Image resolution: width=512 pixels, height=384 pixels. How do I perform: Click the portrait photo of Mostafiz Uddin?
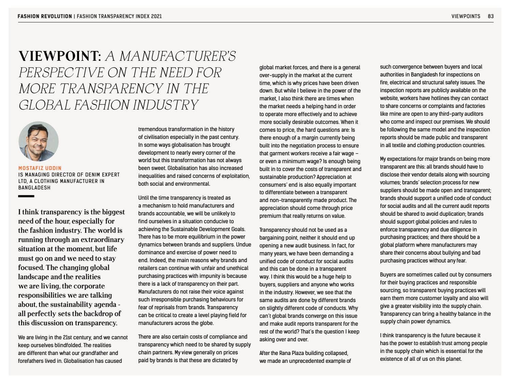38,141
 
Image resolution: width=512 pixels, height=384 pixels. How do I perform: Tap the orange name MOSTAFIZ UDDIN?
40,168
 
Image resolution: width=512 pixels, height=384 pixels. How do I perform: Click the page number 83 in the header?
490,16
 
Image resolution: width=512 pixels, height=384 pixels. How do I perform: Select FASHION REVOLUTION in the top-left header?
45,16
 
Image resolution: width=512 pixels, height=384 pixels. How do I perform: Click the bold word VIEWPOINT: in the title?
60,56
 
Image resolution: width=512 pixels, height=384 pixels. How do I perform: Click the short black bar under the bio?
26,196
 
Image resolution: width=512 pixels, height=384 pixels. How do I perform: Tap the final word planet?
452,359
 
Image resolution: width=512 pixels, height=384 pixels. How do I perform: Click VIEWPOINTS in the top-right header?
466,16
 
